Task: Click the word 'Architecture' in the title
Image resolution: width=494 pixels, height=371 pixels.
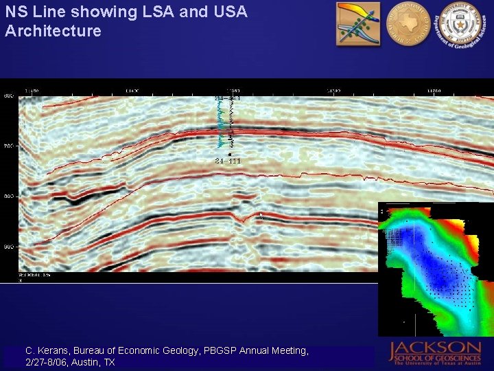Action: click(53, 31)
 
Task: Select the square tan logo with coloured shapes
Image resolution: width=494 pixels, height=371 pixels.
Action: click(357, 23)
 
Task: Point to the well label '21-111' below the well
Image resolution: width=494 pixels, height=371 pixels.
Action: click(227, 161)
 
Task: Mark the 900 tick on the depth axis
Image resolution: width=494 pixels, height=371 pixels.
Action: click(9, 246)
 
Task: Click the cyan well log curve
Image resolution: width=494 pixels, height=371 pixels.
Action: click(221, 124)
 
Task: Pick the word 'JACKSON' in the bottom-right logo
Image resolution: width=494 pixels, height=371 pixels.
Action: click(436, 348)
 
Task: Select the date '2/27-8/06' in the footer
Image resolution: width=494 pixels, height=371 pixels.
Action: click(48, 362)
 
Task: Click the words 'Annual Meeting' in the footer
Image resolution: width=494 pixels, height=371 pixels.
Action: click(274, 350)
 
